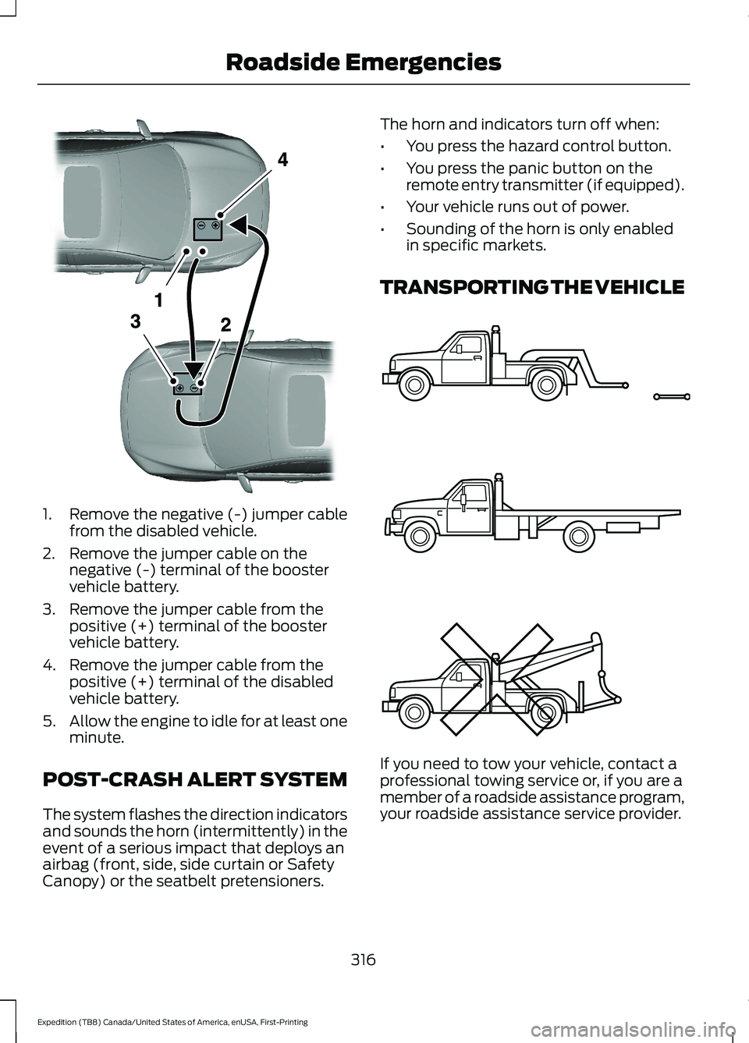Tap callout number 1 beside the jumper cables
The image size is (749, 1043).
click(x=158, y=299)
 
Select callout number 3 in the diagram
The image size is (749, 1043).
click(x=135, y=321)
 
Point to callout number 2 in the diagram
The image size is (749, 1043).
click(x=225, y=325)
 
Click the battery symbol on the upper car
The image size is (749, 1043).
click(x=208, y=228)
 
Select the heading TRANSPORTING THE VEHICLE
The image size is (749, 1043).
click(x=532, y=287)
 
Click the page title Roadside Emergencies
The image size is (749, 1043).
click(x=364, y=62)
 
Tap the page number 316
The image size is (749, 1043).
click(x=363, y=960)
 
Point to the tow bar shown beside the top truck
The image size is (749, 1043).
click(x=671, y=397)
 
